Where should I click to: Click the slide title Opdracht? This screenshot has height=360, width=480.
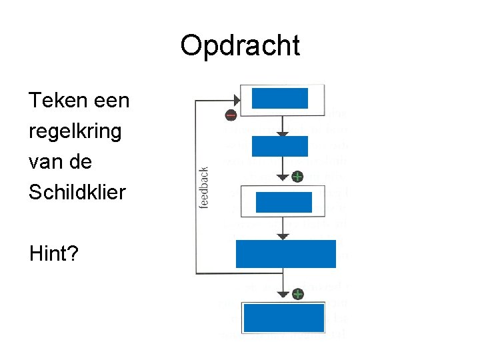(x=240, y=46)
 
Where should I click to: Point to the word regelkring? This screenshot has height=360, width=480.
(x=75, y=131)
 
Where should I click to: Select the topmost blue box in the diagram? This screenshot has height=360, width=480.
(x=280, y=99)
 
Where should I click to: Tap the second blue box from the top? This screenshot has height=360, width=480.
(x=280, y=146)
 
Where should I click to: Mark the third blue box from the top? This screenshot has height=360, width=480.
(x=283, y=201)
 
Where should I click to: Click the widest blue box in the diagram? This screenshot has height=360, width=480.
(x=285, y=254)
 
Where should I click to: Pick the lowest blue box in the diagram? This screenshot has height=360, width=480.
(x=284, y=318)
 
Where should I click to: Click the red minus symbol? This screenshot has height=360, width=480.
(x=230, y=115)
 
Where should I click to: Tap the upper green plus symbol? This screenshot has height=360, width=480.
(x=297, y=177)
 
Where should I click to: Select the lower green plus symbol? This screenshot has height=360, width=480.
(x=297, y=293)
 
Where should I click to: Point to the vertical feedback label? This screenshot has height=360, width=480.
(x=204, y=187)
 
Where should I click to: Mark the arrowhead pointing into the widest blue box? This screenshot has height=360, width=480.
(x=283, y=235)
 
